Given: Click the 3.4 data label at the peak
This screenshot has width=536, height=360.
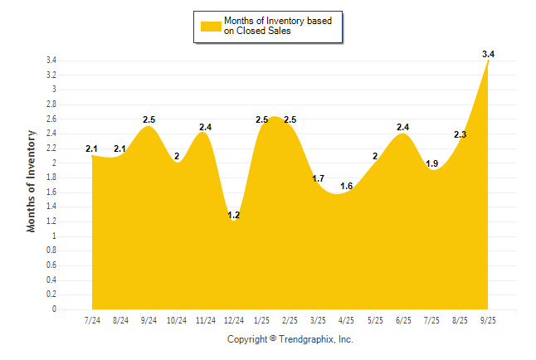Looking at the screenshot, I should point(488,54).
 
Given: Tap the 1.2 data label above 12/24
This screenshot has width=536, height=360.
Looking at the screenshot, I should point(234,216).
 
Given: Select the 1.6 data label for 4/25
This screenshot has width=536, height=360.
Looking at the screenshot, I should point(347,186).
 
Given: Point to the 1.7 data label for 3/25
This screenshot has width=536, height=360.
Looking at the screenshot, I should point(319,178).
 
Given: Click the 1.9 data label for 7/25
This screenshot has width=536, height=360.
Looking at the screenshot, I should point(431,163).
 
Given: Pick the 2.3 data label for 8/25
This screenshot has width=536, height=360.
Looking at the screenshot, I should point(460,134).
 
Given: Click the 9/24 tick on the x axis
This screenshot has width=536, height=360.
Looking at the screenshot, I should point(149,321).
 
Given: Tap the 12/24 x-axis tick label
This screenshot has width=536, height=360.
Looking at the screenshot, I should point(234,321).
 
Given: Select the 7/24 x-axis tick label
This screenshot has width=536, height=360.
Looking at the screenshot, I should point(92,321).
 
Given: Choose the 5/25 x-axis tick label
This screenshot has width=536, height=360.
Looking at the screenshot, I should point(375,321).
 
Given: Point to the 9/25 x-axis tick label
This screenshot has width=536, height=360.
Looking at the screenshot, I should point(488,321).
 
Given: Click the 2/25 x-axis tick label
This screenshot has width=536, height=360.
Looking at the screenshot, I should point(290,321).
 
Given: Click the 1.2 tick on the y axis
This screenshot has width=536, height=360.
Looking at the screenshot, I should point(51,221).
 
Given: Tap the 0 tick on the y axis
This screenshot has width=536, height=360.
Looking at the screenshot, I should point(54,309).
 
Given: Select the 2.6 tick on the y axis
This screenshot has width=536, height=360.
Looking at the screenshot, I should point(51,119).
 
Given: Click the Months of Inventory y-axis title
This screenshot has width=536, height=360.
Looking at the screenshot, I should point(32,180).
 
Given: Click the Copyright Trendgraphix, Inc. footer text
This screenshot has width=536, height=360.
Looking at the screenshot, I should point(290,339).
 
